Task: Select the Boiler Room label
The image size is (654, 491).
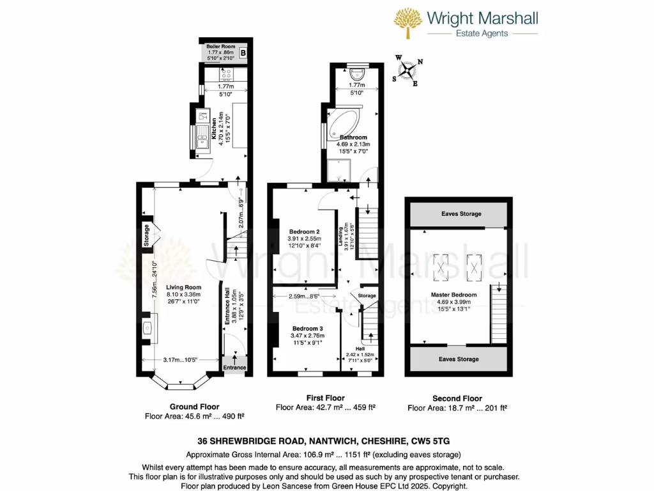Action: point(221,47)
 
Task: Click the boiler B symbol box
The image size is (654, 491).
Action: point(242,53)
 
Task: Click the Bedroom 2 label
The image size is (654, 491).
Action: point(304,231)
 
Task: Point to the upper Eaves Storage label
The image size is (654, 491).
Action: point(460,214)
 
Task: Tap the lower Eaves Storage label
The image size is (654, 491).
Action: point(459,359)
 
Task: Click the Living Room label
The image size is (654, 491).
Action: point(184,288)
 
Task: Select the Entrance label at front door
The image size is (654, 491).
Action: point(234,368)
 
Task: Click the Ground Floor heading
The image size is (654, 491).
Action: point(194,407)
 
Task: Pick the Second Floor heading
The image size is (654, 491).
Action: point(457,398)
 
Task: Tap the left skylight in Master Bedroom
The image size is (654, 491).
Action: point(440,266)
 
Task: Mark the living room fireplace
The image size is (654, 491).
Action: point(146,328)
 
